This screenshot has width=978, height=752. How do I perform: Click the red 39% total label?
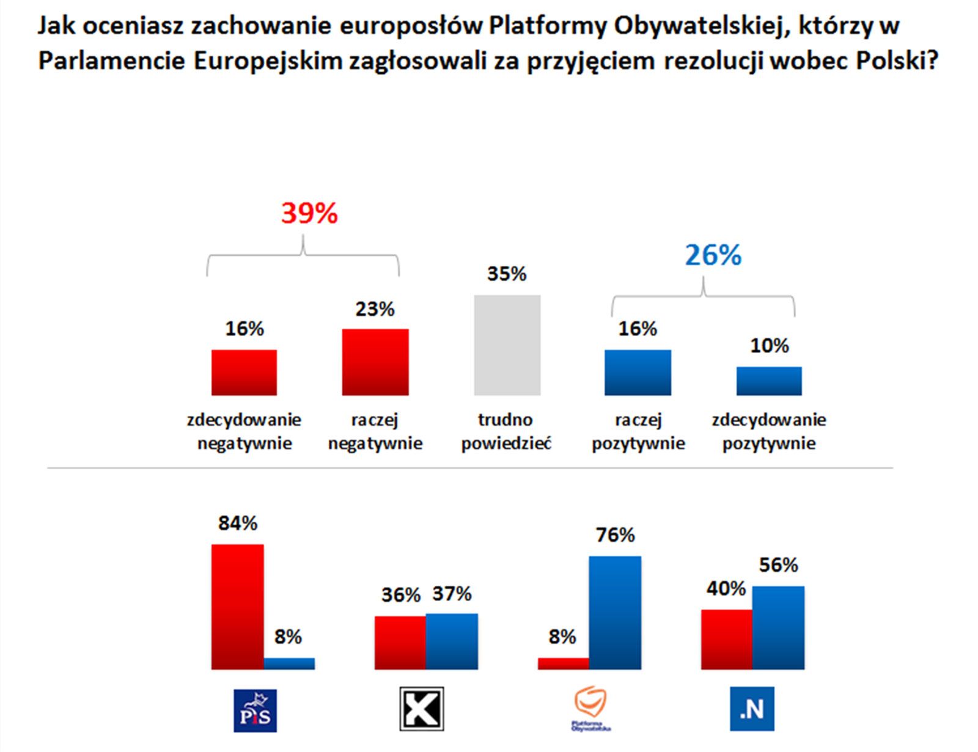[309, 214]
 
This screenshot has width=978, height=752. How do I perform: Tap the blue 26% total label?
[713, 255]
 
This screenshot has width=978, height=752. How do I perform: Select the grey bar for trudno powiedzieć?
[507, 345]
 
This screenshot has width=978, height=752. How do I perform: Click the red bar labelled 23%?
[375, 362]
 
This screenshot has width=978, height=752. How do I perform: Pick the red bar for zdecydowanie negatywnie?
[244, 373]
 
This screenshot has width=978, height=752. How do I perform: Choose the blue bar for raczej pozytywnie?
[638, 373]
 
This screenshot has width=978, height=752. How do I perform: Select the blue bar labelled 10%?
[769, 381]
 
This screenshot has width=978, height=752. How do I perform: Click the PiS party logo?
[256, 710]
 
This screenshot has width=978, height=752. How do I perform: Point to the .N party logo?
[752, 709]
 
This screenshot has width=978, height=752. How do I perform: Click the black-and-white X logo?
[422, 709]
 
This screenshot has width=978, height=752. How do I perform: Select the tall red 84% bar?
[237, 607]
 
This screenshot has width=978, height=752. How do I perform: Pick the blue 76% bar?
[615, 613]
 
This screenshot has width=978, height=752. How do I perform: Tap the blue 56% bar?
[778, 628]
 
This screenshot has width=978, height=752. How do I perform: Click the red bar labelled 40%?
[726, 640]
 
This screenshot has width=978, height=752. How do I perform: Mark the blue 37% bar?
[452, 641]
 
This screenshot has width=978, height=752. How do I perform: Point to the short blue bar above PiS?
[289, 663]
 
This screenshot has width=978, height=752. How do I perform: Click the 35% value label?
[507, 274]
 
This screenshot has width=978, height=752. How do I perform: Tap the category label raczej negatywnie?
[375, 431]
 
